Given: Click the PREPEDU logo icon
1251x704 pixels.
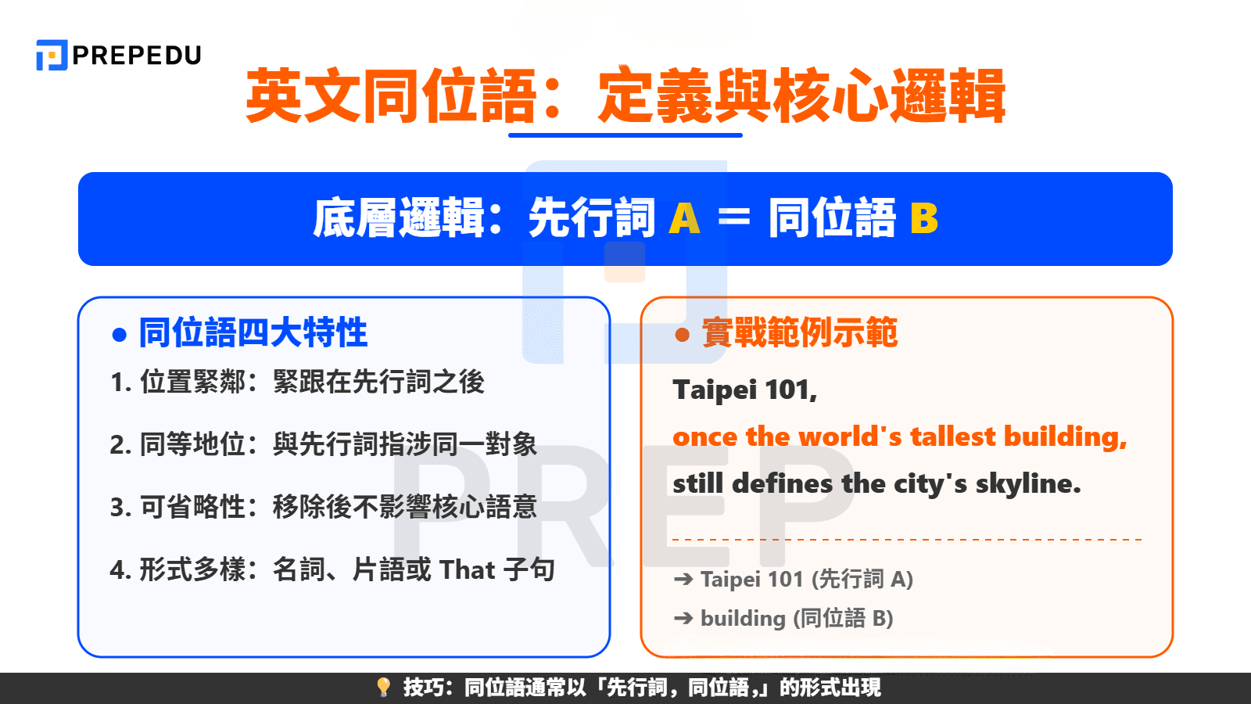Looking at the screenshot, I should coord(52,56).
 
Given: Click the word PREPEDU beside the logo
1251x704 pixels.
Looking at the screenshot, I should coord(137,56).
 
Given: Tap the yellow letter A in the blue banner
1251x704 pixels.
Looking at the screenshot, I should coord(684,218).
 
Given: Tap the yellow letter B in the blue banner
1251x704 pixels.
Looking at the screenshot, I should coord(923,218).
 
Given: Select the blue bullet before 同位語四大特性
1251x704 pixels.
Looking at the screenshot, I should coord(120,335).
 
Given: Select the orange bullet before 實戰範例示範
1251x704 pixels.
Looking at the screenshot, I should coord(682,335).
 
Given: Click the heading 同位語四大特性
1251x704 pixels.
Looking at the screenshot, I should coord(253,333).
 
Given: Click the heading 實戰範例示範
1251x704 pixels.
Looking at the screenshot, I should coord(799,333).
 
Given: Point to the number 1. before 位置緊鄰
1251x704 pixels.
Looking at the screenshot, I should coord(120,383).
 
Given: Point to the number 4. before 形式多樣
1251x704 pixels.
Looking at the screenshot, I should coord(120,570).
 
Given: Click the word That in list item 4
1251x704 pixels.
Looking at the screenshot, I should coord(467,570).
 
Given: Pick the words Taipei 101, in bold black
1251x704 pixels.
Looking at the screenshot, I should coord(744,390).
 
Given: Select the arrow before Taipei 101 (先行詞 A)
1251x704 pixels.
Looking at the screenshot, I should coord(683,580).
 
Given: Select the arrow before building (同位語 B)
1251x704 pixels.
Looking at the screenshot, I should coord(683,619).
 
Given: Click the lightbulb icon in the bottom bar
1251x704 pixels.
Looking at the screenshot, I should coord(383,688).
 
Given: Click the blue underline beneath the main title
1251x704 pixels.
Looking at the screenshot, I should coord(625,135).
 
